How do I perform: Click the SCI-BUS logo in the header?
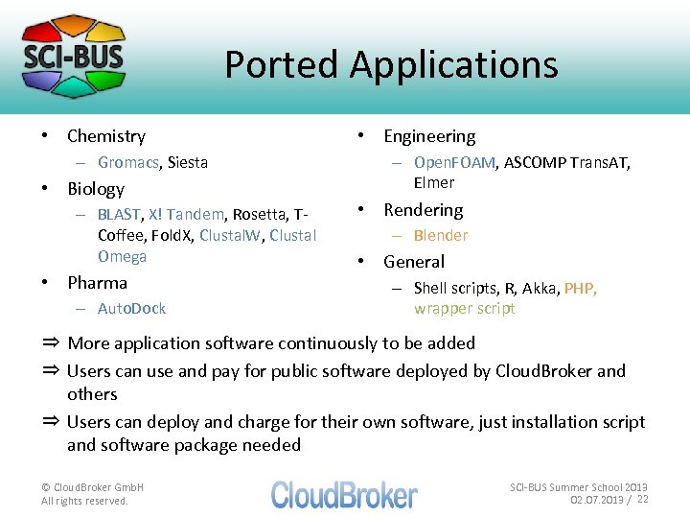74,56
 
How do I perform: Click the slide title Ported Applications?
391,64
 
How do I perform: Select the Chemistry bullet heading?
106,136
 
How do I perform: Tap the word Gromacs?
128,162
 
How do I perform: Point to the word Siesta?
188,162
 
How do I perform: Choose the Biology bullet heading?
96,188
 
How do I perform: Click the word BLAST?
120,214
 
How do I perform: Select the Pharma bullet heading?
97,282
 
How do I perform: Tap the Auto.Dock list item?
131,308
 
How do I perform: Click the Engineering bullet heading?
429,136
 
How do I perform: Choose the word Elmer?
434,182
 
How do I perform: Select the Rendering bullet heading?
423,209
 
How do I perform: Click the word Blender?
441,235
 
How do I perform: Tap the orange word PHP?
580,288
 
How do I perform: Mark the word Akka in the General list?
540,288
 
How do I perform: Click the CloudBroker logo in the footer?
344,494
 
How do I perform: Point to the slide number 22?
643,499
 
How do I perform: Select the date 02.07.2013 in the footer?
597,500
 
